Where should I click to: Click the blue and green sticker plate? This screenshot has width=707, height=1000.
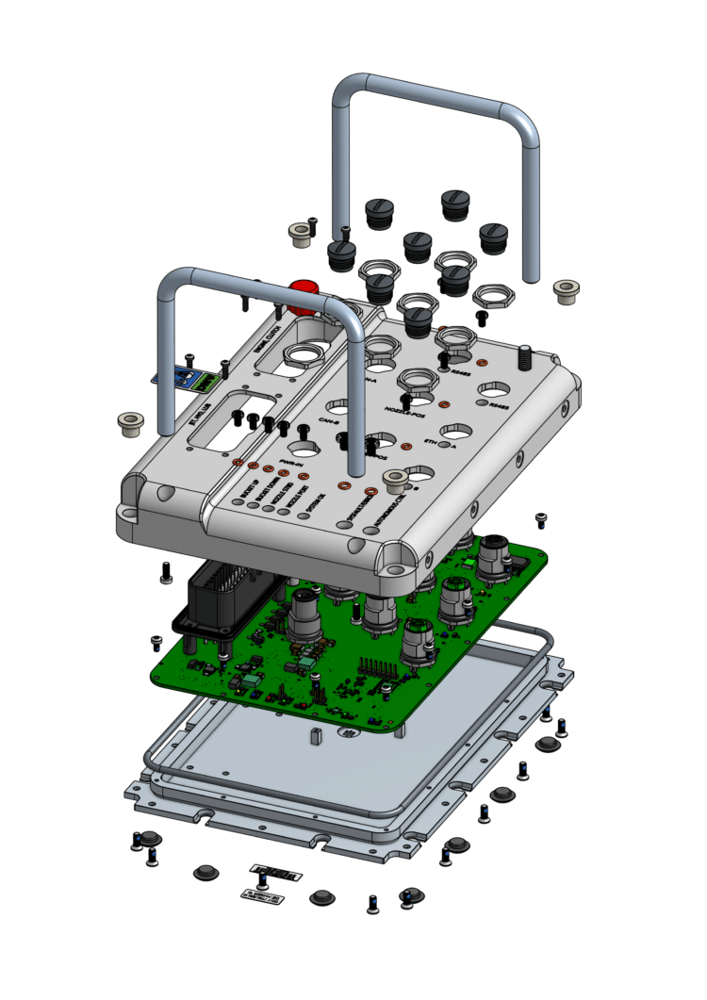point(196,380)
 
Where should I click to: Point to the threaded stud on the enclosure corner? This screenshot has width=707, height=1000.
point(522,355)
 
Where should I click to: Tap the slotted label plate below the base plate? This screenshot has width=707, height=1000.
point(276,875)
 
